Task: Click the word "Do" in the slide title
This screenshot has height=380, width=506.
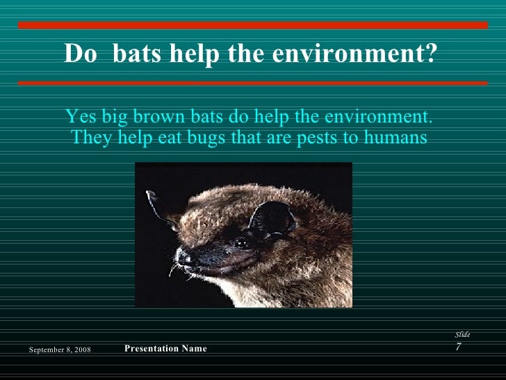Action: [79, 54]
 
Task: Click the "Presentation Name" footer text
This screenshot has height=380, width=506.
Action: [165, 348]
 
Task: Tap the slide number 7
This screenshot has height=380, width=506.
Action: [458, 347]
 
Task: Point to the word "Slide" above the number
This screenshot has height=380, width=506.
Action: [462, 335]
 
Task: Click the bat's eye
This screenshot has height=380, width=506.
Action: [242, 243]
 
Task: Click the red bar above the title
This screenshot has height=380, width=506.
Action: [253, 25]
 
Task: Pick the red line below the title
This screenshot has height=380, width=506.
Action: [253, 83]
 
